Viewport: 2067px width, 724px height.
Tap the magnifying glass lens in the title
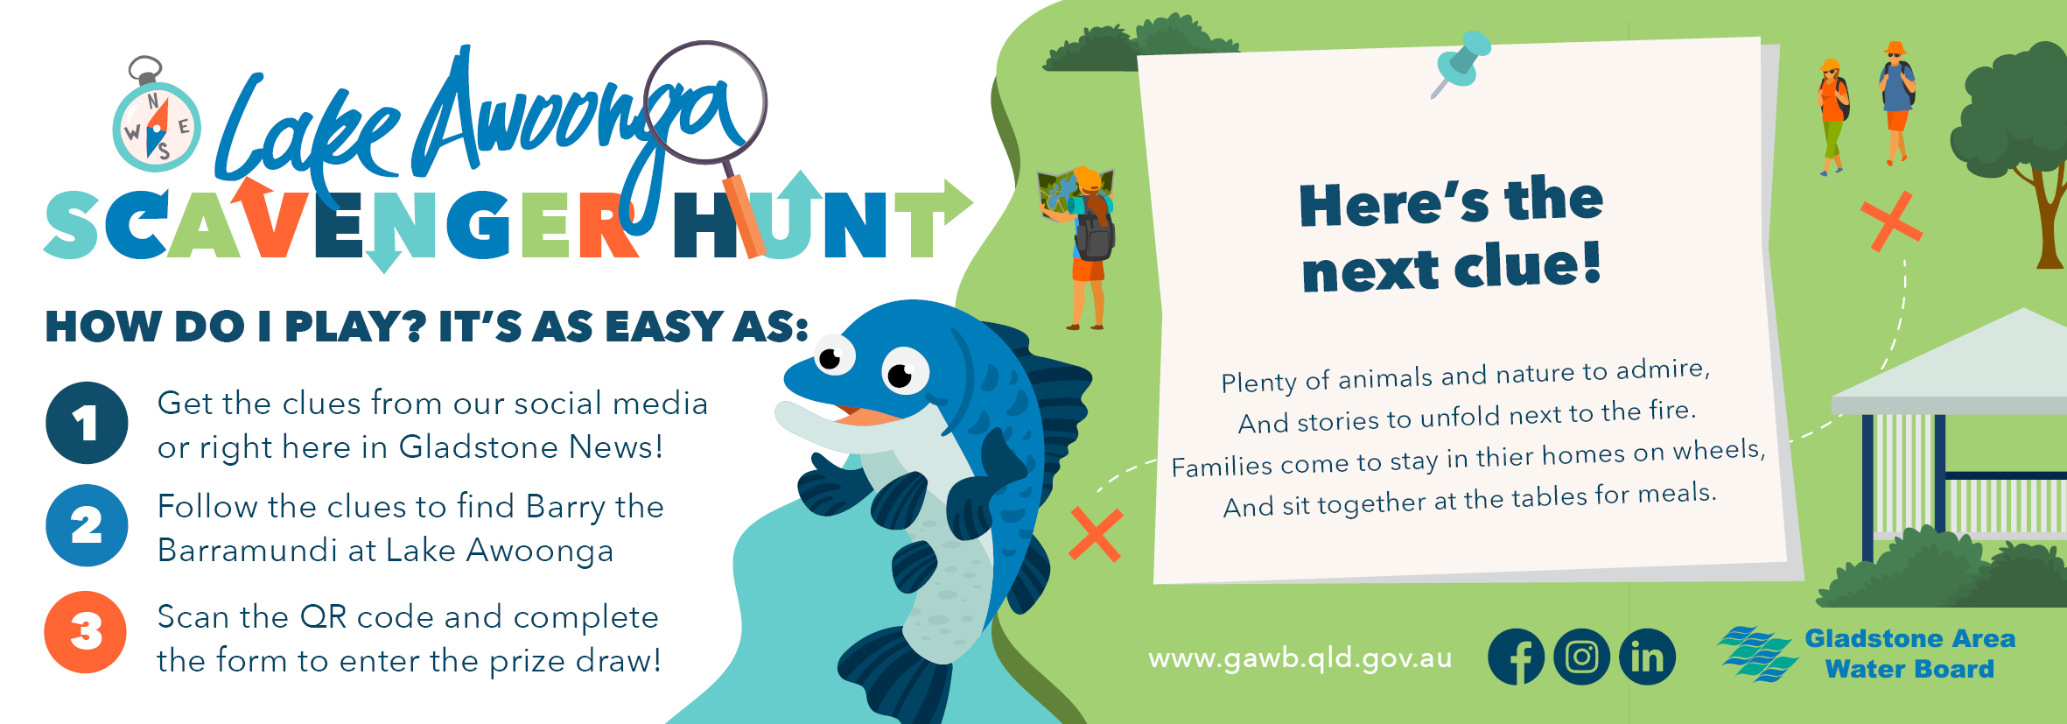[x=705, y=102]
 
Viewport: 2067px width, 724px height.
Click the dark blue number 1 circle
[x=87, y=423]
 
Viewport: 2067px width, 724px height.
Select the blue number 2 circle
[x=87, y=525]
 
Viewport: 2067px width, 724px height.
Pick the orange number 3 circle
[x=86, y=632]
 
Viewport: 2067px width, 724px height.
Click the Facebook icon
[x=1517, y=657]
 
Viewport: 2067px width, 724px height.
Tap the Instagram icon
[x=1581, y=657]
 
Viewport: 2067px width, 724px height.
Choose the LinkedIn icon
[x=1647, y=657]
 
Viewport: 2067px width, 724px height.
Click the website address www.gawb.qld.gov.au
[x=1300, y=657]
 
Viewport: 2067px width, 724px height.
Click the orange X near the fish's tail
[x=1096, y=534]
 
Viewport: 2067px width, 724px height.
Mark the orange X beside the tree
[x=1891, y=221]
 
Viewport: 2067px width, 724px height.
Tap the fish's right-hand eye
[x=904, y=371]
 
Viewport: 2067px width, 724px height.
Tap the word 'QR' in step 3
[x=323, y=617]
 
